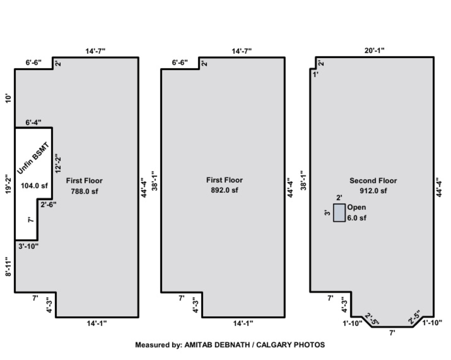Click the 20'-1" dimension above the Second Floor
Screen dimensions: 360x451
point(374,51)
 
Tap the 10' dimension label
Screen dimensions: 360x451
point(8,98)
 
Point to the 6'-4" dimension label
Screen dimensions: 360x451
point(33,122)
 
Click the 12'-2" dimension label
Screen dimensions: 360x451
point(58,163)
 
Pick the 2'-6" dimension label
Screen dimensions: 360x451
point(48,205)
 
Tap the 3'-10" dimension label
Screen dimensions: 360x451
point(28,246)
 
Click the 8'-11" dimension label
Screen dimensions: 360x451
point(8,267)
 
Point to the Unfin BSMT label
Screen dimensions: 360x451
point(33,158)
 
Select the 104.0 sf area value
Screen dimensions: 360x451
point(34,186)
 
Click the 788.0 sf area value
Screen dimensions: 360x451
point(84,191)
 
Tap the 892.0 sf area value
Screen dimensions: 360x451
point(224,190)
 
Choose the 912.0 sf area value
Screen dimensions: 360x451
point(373,191)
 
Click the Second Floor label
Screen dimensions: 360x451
point(373,181)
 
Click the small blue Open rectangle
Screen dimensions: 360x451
point(339,213)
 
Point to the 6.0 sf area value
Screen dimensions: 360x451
point(357,218)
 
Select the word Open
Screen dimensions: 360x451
point(357,207)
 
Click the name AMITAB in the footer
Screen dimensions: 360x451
point(198,345)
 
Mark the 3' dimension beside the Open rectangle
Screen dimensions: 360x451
point(327,213)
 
